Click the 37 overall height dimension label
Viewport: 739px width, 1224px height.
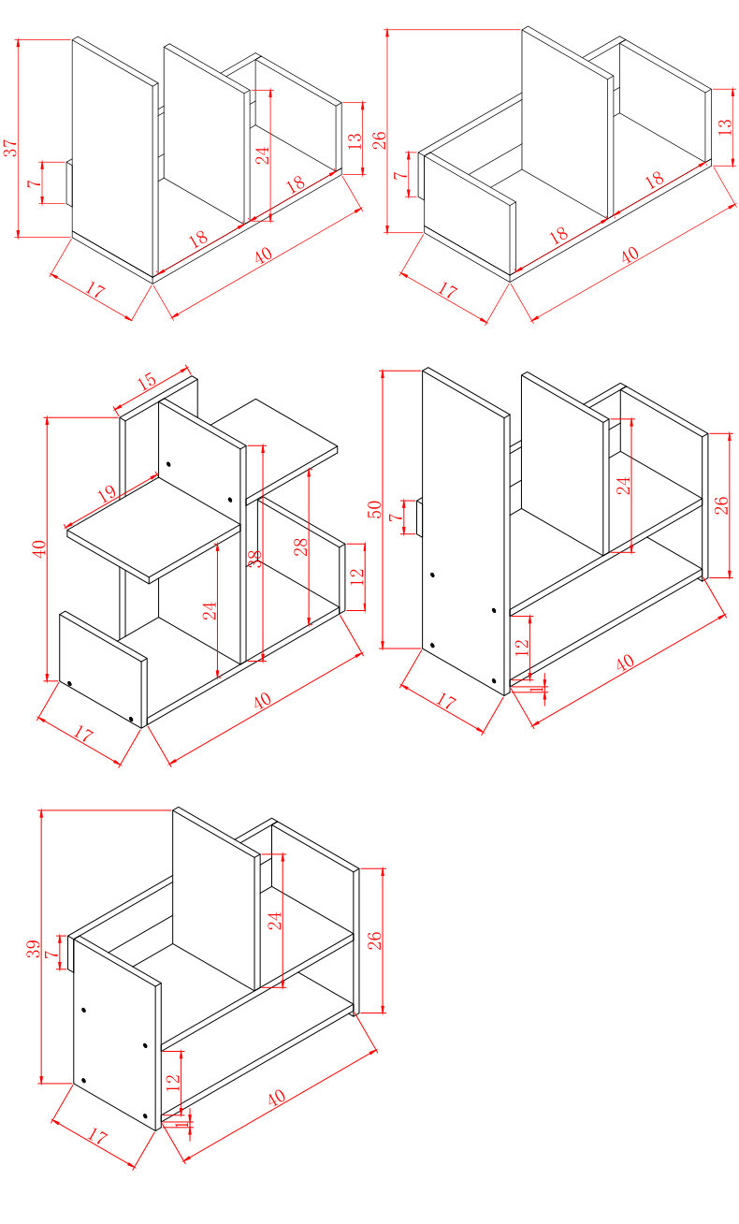10,148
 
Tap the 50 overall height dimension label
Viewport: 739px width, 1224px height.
374,510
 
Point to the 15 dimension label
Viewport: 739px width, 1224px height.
146,383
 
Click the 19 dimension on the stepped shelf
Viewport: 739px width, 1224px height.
106,492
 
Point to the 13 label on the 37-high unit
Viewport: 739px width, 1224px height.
354,140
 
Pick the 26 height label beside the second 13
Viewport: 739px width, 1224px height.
379,140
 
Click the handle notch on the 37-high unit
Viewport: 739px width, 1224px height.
68,182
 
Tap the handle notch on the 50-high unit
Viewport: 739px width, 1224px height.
419,517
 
